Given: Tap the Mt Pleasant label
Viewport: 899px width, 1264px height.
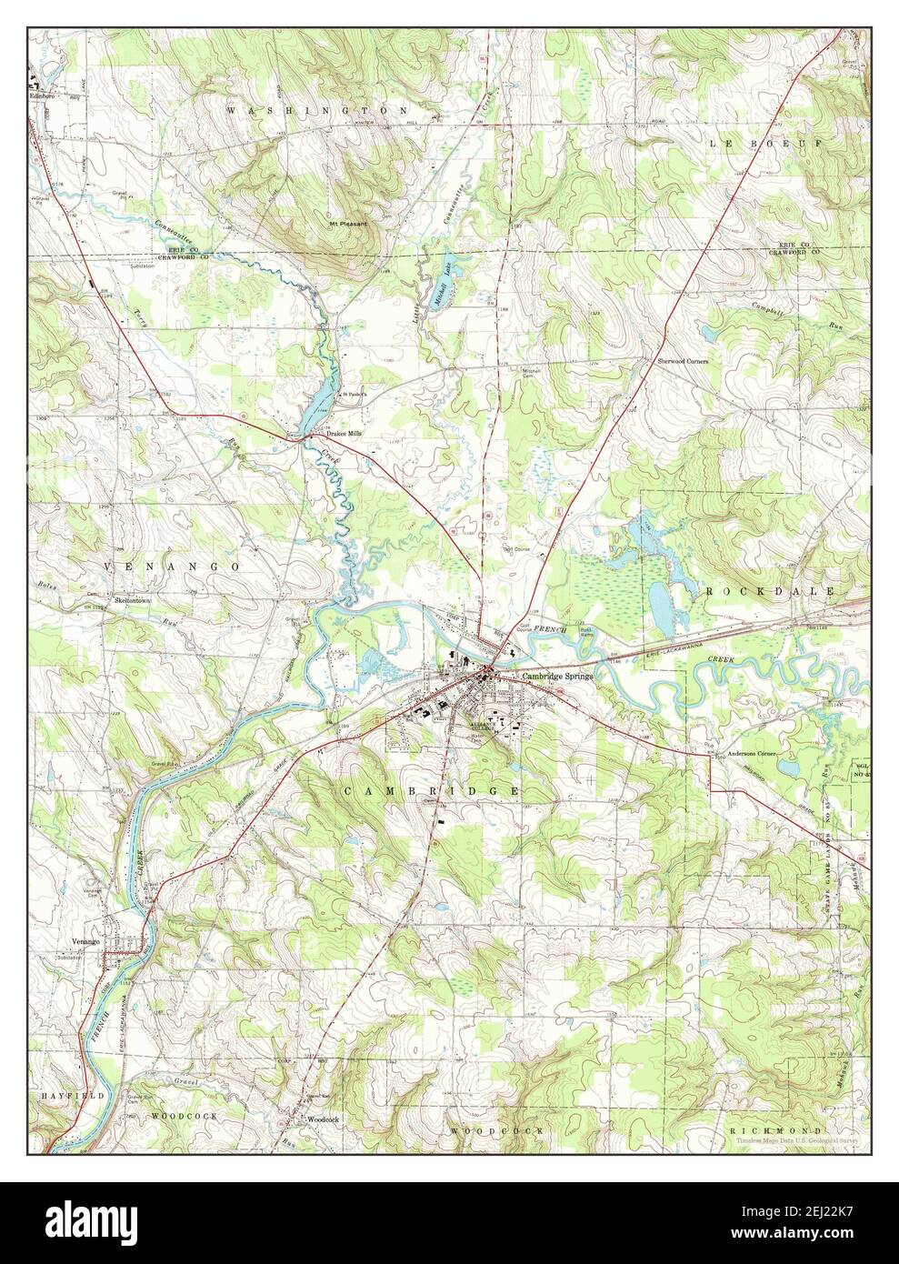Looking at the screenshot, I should [x=349, y=223].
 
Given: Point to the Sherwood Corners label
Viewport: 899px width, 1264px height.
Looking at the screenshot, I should [x=683, y=361].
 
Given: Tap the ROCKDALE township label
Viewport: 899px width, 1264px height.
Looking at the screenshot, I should [x=756, y=591].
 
